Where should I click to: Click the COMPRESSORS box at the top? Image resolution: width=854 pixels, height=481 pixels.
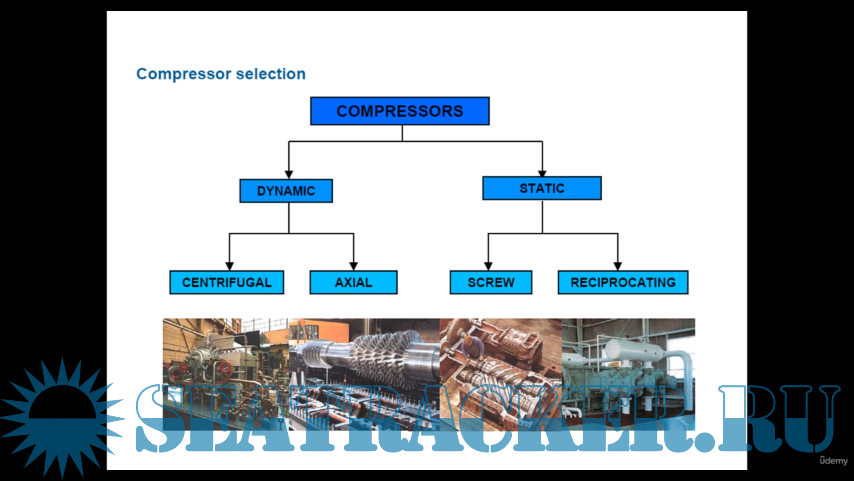coord(399,111)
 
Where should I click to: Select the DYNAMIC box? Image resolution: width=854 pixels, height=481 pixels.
coord(286,191)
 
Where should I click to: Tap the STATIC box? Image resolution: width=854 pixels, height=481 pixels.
coord(542,188)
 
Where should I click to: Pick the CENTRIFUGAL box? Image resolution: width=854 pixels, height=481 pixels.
coord(226,282)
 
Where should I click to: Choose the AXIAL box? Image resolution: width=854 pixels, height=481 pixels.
coord(353,282)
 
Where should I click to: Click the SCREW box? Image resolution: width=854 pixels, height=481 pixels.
coord(491,282)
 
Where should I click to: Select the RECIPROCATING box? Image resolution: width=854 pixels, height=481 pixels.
coord(623,282)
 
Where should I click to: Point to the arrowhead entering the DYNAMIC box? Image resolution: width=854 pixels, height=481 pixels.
coord(289,175)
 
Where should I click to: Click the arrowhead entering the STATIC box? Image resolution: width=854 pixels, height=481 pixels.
coord(542,173)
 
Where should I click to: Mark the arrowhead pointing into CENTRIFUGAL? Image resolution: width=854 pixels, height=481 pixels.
coord(230,266)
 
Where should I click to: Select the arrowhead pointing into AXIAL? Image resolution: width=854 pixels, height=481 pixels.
coord(354,266)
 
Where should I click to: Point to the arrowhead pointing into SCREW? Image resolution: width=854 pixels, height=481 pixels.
coord(488,266)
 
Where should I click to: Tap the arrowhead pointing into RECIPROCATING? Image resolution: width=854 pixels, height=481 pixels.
coord(618,266)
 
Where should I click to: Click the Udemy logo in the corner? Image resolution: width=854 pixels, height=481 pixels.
coord(834,461)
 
